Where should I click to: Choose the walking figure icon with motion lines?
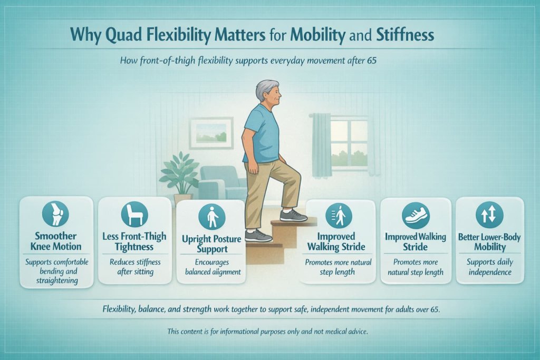tap(339, 216)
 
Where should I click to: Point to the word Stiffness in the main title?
tap(406, 36)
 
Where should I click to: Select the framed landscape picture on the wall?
tap(211, 132)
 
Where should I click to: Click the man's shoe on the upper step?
tap(293, 215)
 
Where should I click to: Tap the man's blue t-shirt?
tap(262, 134)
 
